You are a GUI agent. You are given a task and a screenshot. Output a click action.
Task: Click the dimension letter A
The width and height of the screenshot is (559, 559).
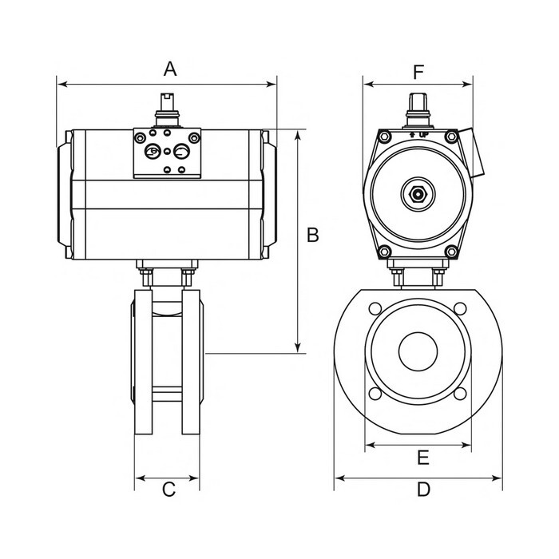169,69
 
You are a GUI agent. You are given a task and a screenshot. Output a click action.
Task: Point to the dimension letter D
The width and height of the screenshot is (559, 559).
423,490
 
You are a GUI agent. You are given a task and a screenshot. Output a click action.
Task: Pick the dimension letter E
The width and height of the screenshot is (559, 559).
423,458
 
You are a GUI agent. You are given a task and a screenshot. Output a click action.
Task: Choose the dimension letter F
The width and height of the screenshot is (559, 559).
418,71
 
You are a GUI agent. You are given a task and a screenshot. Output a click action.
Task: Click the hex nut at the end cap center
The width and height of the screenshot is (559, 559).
417,193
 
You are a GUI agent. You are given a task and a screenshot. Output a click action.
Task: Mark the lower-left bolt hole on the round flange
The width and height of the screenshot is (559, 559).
374,392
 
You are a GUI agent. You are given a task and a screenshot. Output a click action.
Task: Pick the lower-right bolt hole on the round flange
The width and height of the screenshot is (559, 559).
462,392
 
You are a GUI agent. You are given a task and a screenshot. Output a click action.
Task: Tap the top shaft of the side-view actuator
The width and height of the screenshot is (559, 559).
167,105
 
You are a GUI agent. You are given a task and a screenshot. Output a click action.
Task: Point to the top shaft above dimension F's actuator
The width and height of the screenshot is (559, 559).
416,105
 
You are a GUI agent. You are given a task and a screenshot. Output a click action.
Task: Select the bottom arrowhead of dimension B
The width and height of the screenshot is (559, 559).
299,347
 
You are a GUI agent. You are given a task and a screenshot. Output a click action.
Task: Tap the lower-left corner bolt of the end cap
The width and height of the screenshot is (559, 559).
386,253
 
